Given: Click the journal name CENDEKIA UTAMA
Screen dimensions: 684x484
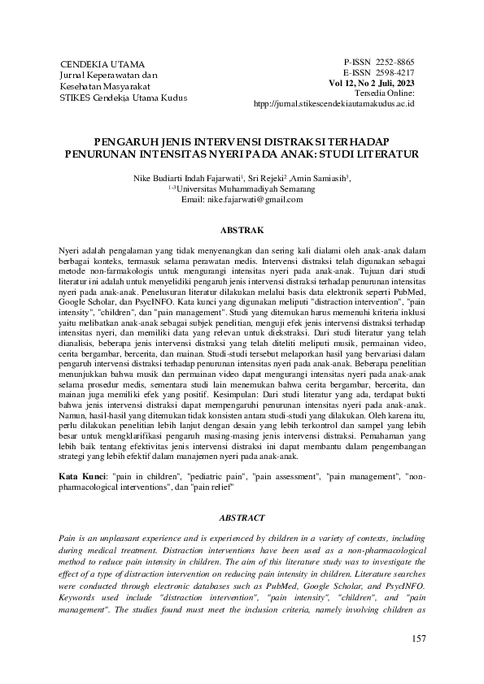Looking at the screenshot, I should [102, 63].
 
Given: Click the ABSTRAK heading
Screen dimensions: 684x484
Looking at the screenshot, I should [242, 231].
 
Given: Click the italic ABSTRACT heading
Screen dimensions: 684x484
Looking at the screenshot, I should [242, 517].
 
